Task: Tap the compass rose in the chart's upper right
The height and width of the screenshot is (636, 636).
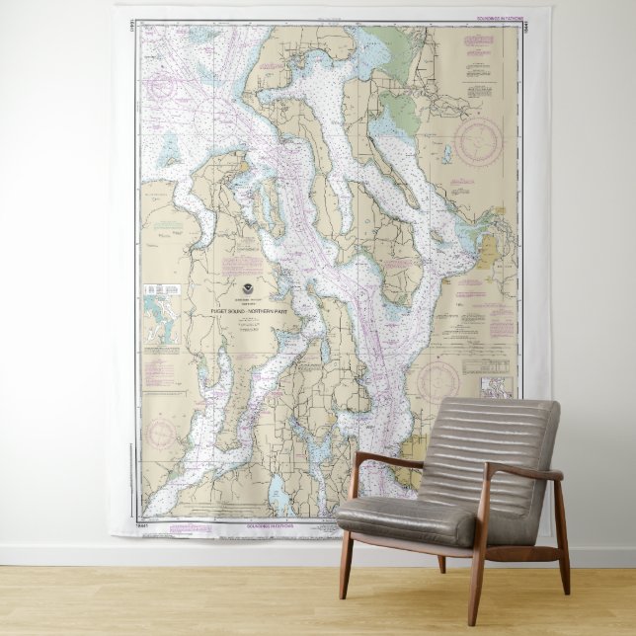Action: (478, 140)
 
